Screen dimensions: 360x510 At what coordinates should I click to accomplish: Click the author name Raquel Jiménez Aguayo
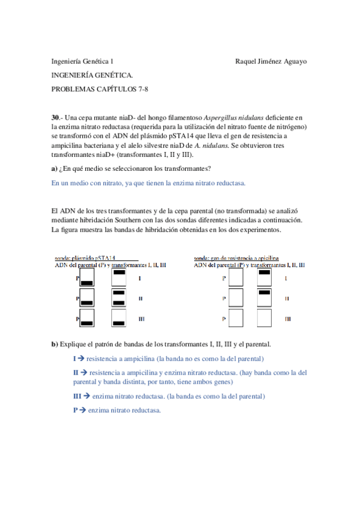(x=272, y=61)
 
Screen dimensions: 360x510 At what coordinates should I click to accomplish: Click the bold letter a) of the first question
(x=55, y=168)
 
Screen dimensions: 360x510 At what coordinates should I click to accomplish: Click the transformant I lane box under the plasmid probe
(x=119, y=278)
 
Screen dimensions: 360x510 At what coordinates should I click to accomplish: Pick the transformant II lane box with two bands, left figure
(x=119, y=298)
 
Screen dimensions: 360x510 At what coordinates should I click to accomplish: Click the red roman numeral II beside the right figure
(x=287, y=298)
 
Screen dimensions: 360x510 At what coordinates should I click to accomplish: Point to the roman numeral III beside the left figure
(x=141, y=318)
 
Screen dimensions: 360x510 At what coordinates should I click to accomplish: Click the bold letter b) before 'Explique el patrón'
(x=55, y=344)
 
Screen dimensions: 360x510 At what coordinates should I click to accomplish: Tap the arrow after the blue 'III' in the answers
(x=87, y=396)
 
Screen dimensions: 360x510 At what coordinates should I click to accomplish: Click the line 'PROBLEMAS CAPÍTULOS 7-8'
(x=99, y=89)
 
